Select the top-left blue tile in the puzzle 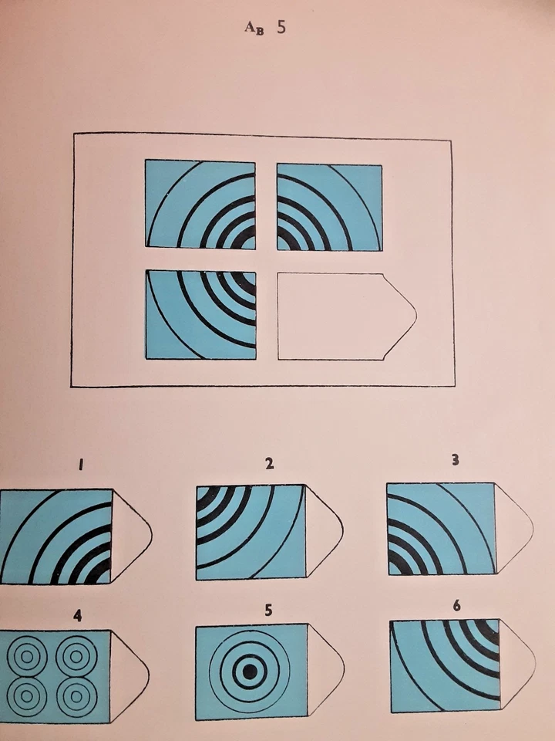pyautogui.click(x=200, y=204)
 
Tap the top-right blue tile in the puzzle pyautogui.click(x=329, y=207)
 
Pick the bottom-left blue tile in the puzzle pyautogui.click(x=200, y=314)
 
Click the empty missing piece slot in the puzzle pyautogui.click(x=339, y=316)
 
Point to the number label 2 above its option pyautogui.click(x=269, y=464)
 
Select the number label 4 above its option pyautogui.click(x=77, y=615)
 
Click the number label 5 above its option pyautogui.click(x=268, y=610)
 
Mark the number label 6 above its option pyautogui.click(x=457, y=606)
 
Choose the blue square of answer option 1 pyautogui.click(x=55, y=536)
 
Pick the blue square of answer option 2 pyautogui.click(x=251, y=532)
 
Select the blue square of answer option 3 pyautogui.click(x=441, y=528)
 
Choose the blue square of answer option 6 pyautogui.click(x=445, y=665)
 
